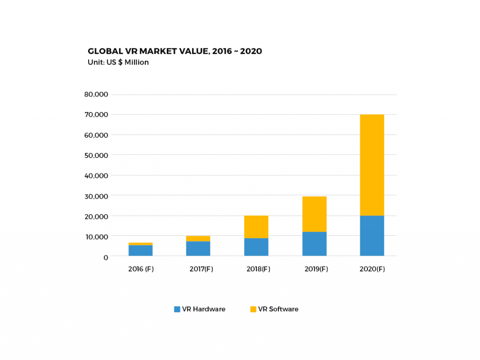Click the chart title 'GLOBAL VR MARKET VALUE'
(174, 51)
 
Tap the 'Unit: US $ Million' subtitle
(118, 62)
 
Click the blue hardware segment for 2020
(372, 236)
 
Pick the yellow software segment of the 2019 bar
(314, 214)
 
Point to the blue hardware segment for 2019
(314, 244)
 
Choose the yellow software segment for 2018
(256, 227)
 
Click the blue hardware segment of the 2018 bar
(256, 247)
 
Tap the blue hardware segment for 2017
(198, 248)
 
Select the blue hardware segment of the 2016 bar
(140, 250)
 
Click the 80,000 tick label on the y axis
(96, 94)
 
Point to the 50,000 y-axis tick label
(96, 155)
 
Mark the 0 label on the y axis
(105, 257)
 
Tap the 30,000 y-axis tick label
(96, 196)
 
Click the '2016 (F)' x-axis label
(140, 270)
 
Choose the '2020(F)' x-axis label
(372, 270)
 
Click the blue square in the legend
(177, 309)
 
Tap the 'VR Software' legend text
(278, 309)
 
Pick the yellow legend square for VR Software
(253, 309)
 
